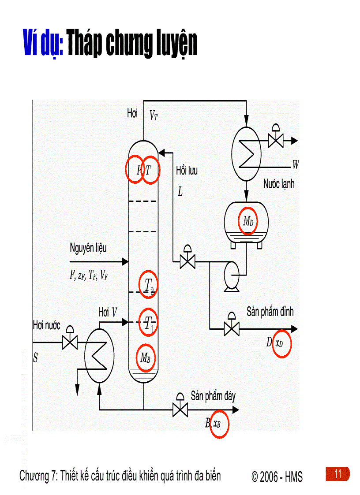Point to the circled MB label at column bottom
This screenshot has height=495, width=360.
pos(146,357)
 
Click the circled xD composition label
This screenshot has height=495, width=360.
pos(280,343)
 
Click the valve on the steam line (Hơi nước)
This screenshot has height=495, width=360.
pos(70,342)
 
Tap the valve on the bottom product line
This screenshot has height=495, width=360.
pos(179,409)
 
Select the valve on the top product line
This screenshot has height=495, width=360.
pos(231,328)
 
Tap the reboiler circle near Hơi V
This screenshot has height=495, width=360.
pos(99,355)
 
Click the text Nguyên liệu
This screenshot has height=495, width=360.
pos(88,248)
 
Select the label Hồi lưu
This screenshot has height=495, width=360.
pos(187,171)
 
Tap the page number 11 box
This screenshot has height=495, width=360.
pos(338,474)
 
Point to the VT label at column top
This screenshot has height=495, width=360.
pos(153,116)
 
